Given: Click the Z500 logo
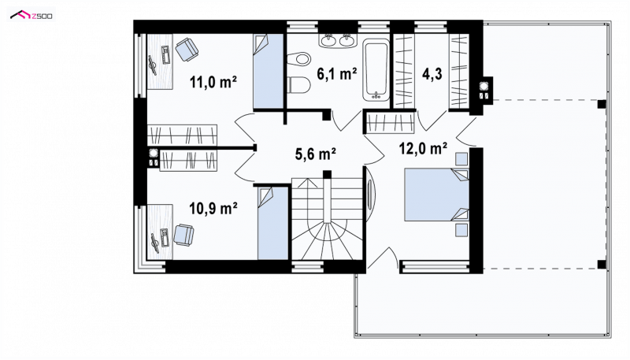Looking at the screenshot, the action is tap(31, 16).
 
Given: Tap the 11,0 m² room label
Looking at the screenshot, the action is tap(213, 82).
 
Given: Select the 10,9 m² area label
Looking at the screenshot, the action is tap(213, 208).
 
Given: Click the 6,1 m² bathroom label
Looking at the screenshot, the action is tap(337, 73).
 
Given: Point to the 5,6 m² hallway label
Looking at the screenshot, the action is tap(316, 154).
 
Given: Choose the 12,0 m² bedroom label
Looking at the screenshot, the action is tap(423, 148).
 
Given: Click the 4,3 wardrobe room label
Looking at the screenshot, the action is tap(432, 74).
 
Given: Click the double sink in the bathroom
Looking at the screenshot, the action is tap(338, 40).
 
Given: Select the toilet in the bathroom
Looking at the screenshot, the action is tap(299, 85).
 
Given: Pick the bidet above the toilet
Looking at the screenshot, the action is tap(299, 59).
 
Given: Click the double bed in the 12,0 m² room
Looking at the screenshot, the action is tap(436, 195).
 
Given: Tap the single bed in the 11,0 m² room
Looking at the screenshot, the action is tap(269, 71).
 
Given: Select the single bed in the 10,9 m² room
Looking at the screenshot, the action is tap(272, 223).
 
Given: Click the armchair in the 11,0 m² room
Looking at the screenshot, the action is tap(187, 49).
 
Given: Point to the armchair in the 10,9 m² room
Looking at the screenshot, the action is tap(183, 235).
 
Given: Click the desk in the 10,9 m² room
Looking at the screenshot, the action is tap(160, 232).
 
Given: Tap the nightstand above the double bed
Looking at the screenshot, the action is tap(461, 158).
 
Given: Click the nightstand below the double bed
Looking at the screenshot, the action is tap(461, 230).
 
